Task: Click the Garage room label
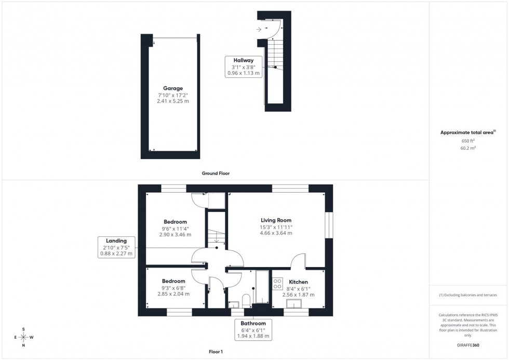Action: point(172,88)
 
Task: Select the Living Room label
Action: point(276,220)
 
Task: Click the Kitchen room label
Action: point(298,282)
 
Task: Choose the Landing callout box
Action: point(116,247)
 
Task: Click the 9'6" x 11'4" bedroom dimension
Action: point(175,228)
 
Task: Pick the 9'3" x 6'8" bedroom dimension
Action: point(173,287)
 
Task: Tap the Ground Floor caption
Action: point(216,174)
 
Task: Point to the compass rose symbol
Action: point(24,337)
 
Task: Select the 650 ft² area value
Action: point(468,141)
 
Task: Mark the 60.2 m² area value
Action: point(468,148)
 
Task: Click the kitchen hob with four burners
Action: point(277,284)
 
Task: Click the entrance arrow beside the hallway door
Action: point(259,29)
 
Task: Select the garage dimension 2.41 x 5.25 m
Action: point(172,101)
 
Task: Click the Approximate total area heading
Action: point(468,132)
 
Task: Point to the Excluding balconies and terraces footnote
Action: point(468,295)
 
